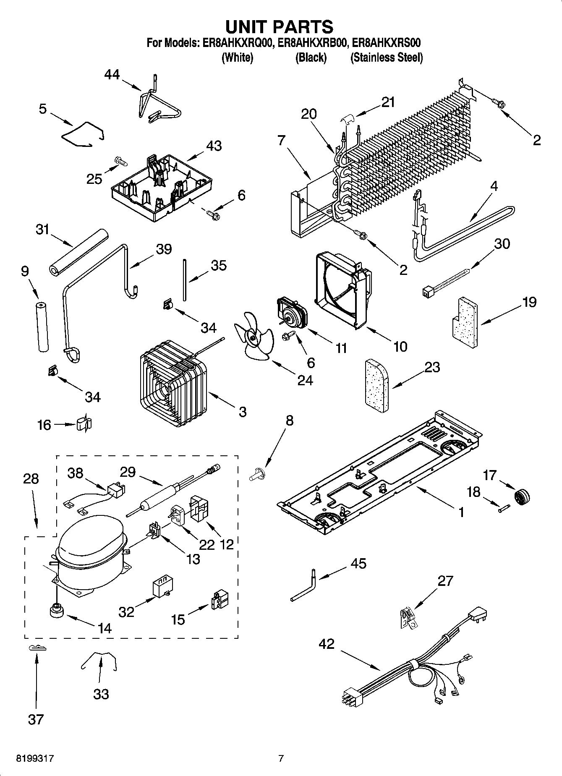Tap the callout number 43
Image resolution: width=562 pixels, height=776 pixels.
pos(214,146)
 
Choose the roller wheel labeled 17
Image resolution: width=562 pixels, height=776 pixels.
pos(523,496)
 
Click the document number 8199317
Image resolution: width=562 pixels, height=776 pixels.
pos(35,758)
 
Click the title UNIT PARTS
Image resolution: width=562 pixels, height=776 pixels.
pos(280,26)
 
